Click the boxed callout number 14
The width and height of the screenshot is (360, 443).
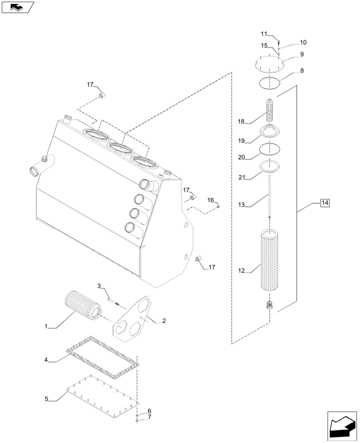tap(325, 203)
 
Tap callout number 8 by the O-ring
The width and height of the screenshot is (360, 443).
tap(301, 70)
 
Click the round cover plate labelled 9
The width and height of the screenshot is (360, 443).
tap(270, 64)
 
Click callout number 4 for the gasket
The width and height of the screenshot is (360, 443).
tap(46, 361)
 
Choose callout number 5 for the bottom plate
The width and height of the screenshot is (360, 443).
tap(47, 399)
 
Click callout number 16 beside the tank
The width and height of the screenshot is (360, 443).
tap(210, 200)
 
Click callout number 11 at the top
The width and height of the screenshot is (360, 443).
tap(264, 34)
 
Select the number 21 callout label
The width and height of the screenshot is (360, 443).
tap(242, 177)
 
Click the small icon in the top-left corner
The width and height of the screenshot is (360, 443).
tap(17, 7)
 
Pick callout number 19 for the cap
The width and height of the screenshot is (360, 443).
tap(242, 140)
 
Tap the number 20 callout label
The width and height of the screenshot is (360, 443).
tap(242, 158)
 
